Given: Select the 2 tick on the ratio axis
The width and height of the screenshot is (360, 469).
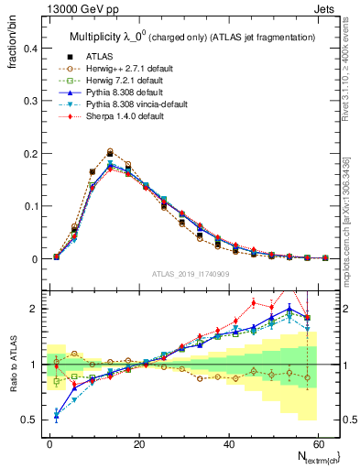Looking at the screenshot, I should tap(30, 309).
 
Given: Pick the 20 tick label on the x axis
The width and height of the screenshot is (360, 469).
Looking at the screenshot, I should tap(138, 444).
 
